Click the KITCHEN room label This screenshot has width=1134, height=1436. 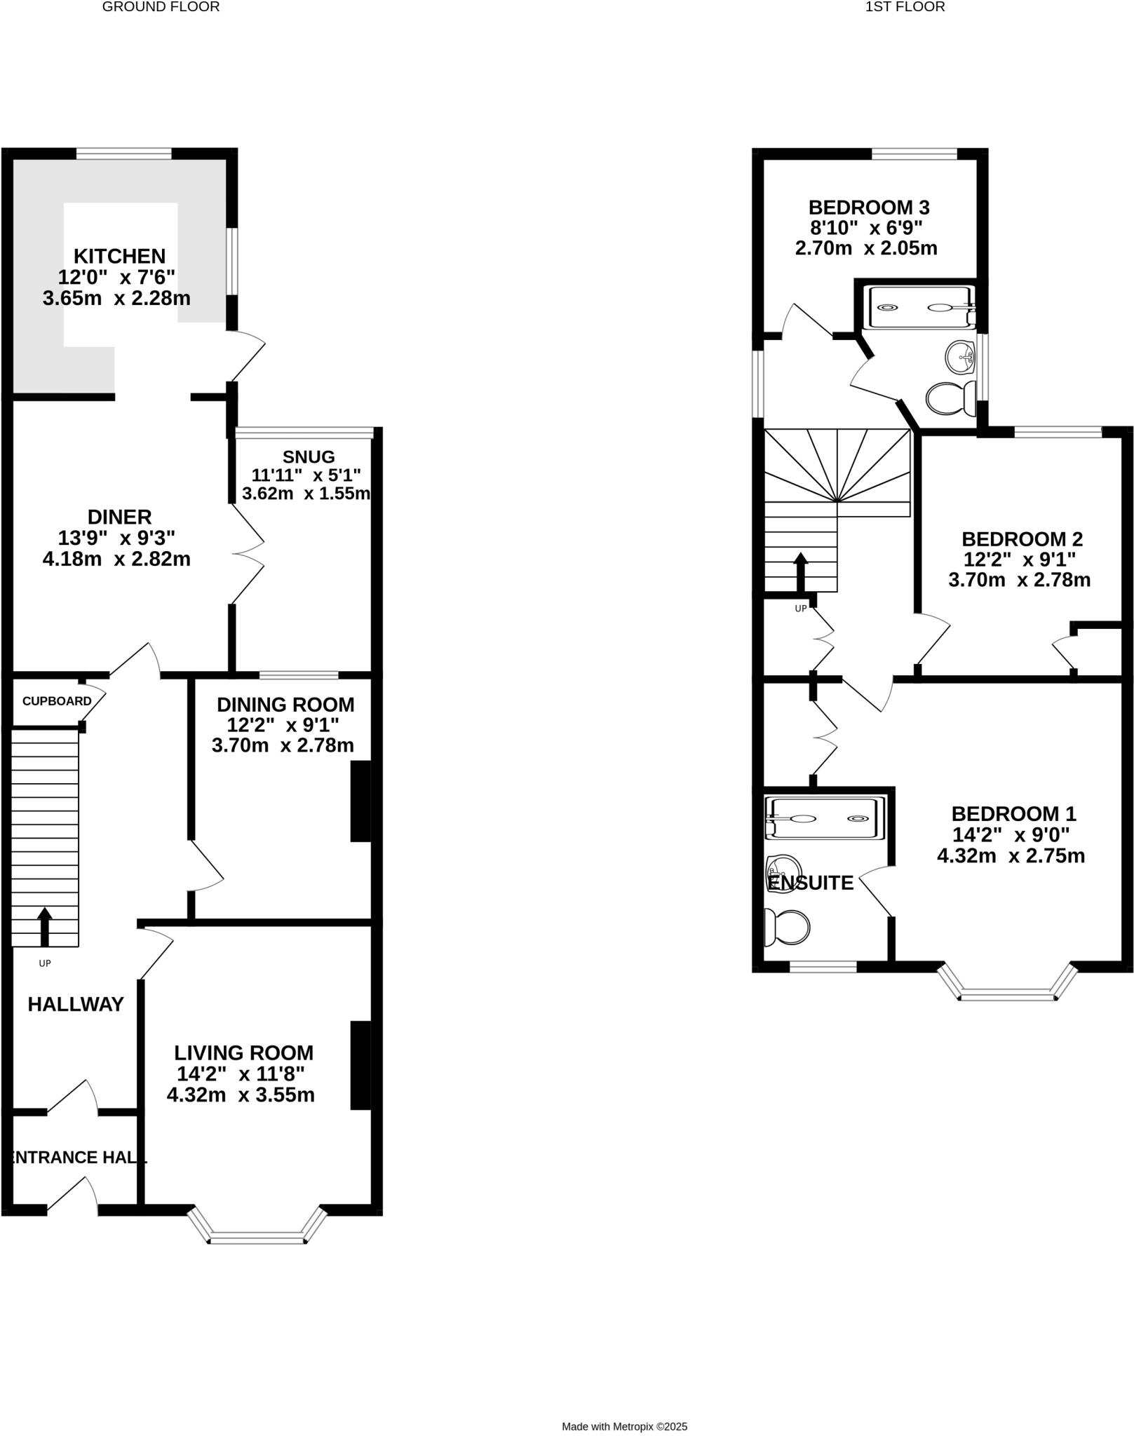(120, 256)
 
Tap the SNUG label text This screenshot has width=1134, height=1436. (309, 456)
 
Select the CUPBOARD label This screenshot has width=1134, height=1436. (57, 701)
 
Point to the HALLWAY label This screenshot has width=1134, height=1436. (76, 1004)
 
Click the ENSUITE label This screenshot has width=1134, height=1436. (811, 883)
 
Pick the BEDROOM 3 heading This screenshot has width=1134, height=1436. (869, 208)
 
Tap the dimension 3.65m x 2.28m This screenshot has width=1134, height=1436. (116, 299)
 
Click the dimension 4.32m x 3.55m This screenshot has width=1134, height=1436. (241, 1095)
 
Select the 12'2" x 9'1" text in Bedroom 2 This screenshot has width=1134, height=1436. (1020, 560)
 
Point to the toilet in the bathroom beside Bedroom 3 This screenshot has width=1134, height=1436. (950, 400)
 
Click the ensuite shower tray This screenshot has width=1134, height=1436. (825, 818)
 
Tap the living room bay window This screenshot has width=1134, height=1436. (257, 1237)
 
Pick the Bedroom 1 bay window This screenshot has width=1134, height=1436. (1007, 993)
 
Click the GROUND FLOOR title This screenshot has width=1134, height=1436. (161, 7)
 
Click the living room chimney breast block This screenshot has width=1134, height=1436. (360, 1066)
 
